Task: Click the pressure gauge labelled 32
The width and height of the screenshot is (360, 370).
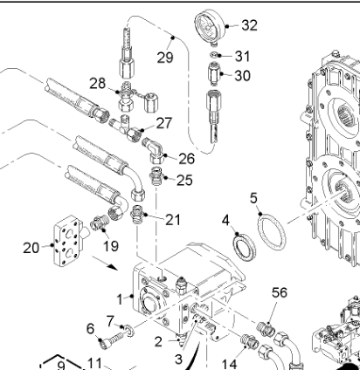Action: pos(211,28)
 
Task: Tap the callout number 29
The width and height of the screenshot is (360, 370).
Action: pos(165,57)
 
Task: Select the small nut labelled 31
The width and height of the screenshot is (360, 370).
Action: pos(213,54)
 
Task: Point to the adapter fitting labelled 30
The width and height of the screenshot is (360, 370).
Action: pos(215,74)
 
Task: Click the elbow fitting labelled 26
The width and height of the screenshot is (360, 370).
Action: pos(155,149)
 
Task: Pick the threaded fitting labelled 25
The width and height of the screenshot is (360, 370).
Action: pos(156,176)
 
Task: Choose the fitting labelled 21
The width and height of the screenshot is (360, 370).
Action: pos(136,215)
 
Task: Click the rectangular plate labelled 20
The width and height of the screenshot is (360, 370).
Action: pos(68,240)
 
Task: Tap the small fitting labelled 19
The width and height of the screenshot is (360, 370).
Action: pos(99,223)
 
